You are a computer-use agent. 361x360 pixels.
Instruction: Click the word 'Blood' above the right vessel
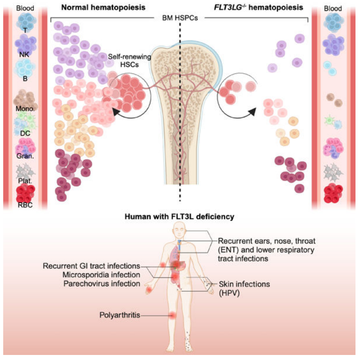333,8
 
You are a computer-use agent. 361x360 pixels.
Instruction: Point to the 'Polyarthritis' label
120,315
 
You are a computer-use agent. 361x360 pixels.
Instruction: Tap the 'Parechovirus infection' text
102,283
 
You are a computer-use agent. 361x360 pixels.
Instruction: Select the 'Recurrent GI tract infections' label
91,266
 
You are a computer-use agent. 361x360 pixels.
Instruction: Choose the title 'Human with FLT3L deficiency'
179,216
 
